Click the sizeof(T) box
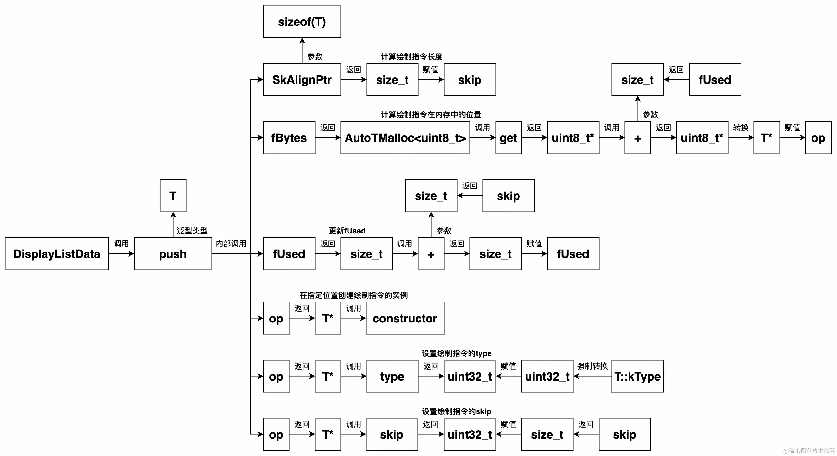[x=302, y=21]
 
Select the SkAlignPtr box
[x=302, y=80]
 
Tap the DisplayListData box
[x=57, y=254]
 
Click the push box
[x=173, y=254]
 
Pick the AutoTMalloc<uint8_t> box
[x=405, y=138]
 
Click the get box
[x=508, y=138]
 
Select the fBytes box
[x=289, y=138]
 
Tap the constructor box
[x=405, y=318]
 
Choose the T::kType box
[x=638, y=376]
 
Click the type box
[x=392, y=376]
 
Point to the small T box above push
[x=173, y=195]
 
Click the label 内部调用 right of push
[x=231, y=243]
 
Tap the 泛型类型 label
[x=192, y=231]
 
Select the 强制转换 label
[x=592, y=366]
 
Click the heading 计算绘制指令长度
[x=411, y=56]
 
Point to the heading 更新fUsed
[x=347, y=231]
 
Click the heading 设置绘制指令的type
[x=456, y=353]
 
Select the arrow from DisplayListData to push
[x=121, y=254]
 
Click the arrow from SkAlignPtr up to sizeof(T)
[x=302, y=51]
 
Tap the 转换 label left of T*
[x=741, y=127]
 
